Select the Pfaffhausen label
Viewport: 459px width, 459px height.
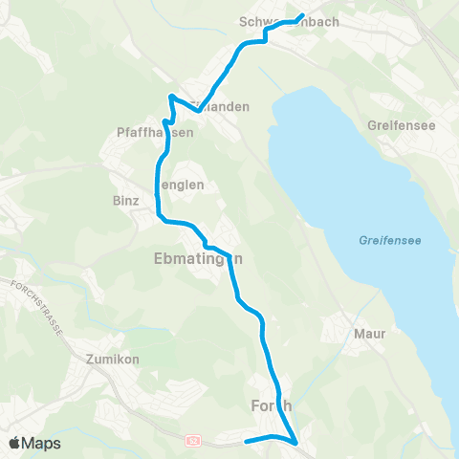point(154,133)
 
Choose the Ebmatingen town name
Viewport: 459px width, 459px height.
point(191,259)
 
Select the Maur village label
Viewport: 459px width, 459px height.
point(369,335)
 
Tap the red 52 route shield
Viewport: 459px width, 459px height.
point(194,440)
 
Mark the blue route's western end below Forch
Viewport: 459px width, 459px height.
point(247,441)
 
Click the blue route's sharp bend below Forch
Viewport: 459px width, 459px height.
point(296,443)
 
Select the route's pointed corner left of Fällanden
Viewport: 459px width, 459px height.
point(171,97)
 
